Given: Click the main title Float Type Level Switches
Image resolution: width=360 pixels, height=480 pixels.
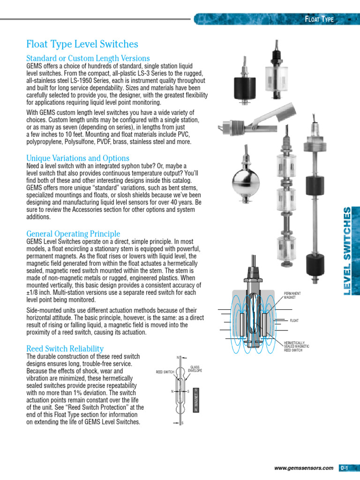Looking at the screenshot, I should [x=82, y=44].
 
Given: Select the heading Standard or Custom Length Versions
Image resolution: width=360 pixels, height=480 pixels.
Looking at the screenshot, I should [x=88, y=58].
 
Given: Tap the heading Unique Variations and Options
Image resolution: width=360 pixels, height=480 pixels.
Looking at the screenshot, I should [x=78, y=158].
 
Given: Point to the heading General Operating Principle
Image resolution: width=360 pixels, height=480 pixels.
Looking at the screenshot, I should [x=73, y=233].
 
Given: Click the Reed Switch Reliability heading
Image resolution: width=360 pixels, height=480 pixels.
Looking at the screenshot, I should [x=65, y=349].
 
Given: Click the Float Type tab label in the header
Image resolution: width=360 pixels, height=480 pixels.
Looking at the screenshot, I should [x=319, y=19].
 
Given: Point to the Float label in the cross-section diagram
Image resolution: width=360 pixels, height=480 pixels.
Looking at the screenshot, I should [x=295, y=321].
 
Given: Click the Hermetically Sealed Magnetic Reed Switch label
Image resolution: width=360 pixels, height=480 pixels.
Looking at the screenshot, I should [x=296, y=347].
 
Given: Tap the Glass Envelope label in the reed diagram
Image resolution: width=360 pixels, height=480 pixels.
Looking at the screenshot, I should [x=195, y=369].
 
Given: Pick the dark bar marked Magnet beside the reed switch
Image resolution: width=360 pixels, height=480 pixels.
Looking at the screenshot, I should [x=195, y=400].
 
